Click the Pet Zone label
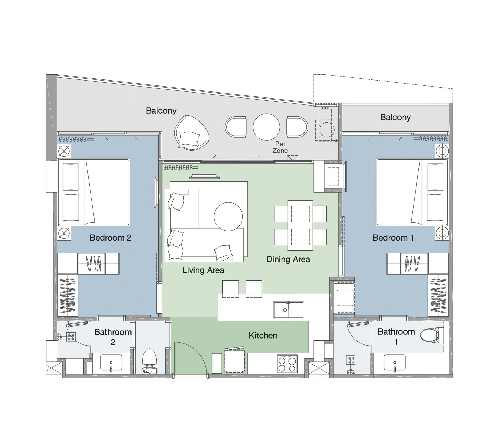pos(280,147)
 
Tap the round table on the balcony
pos(266,127)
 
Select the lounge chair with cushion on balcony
pos(192,133)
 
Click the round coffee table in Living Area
pos(228,217)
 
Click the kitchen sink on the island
pos(288,310)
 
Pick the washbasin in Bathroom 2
pos(111,362)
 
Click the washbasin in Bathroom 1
pos(395,362)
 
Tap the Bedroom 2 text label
pos(110,238)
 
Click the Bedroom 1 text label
pos(393,238)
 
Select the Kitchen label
pos(263,335)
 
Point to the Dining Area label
pos(288,259)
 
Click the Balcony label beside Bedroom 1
pos(395,117)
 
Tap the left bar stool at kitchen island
pos(230,289)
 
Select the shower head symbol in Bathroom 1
pos(351,360)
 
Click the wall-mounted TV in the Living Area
pos(204,177)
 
